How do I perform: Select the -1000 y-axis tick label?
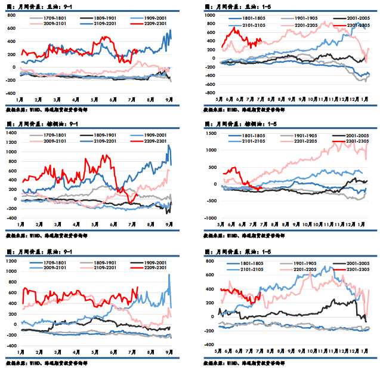click(x=209, y=218)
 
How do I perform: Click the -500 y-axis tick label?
click(x=211, y=201)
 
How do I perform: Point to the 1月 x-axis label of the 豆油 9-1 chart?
click(x=20, y=98)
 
